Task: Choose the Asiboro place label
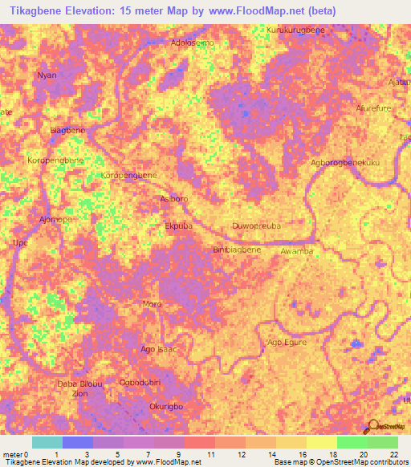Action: click(x=174, y=198)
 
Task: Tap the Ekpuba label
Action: click(x=178, y=226)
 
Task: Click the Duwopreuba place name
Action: click(x=256, y=226)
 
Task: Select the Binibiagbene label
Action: click(x=238, y=250)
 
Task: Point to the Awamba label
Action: click(x=296, y=250)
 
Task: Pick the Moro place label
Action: click(x=152, y=304)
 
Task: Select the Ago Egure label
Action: click(x=287, y=343)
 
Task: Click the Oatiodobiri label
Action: click(x=144, y=382)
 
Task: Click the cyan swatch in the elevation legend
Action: click(x=47, y=442)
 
